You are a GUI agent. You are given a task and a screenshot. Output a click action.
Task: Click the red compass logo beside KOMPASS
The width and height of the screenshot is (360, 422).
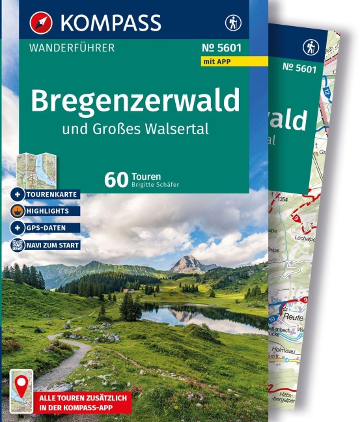tap(41, 23)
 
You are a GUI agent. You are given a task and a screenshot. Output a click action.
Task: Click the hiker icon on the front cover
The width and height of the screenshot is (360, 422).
tap(232, 23)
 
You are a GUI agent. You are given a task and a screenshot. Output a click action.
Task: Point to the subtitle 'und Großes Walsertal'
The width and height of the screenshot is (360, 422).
tap(135, 128)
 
